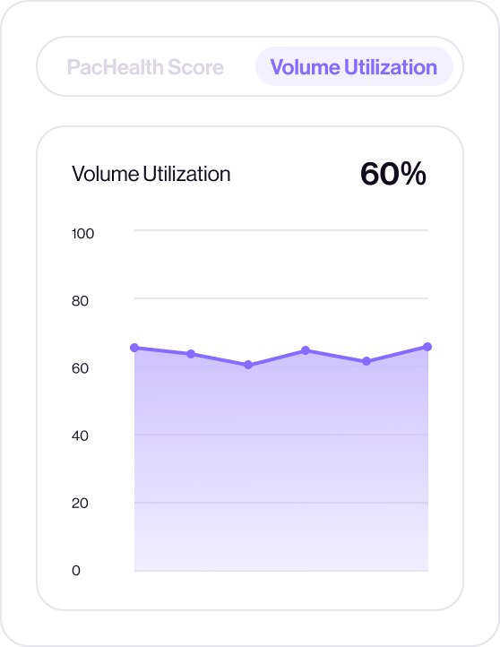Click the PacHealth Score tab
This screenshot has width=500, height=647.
pos(145,67)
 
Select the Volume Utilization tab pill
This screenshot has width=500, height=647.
pos(354,67)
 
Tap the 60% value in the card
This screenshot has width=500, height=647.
pos(392,174)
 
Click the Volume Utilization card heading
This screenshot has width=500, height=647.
pos(151,174)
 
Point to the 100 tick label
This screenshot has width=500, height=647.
pos(82,234)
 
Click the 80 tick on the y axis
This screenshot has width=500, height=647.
pos(80,301)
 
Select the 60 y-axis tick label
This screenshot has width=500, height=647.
pos(80,368)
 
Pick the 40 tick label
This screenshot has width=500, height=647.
pos(80,436)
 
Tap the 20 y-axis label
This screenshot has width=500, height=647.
pos(80,503)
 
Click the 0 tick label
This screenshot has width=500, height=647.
pos(76,571)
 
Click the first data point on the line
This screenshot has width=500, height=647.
pos(134,348)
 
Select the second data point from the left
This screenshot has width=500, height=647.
pos(191,354)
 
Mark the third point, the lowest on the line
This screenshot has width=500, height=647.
pos(248,365)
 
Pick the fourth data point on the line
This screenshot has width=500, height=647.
pos(306,350)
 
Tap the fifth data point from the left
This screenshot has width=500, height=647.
pos(366,361)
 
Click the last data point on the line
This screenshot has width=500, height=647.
pos(427,347)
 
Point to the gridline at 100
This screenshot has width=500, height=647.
pos(281,230)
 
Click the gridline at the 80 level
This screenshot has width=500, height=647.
pos(281,298)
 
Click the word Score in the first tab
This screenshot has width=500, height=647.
pos(195,67)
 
